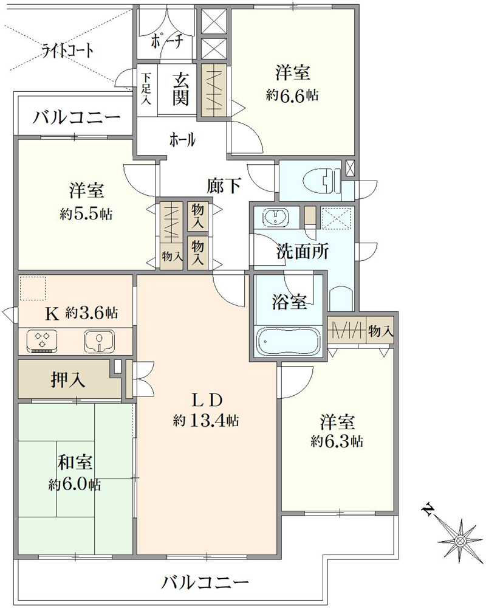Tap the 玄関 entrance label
180,89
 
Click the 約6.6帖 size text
293,95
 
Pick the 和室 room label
75,463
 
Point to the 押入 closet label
67,380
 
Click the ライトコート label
68,50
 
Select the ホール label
182,140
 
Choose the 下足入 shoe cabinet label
146,88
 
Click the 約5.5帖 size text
86,214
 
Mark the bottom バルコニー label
205,582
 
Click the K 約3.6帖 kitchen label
81,314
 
